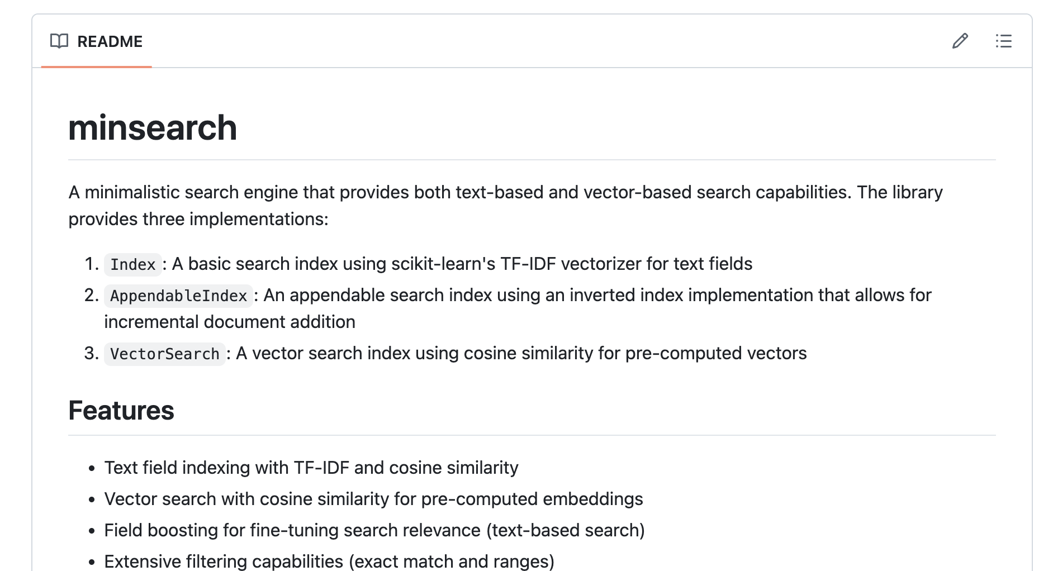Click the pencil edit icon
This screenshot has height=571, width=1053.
pyautogui.click(x=960, y=41)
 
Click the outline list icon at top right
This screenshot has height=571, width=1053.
pyautogui.click(x=1003, y=41)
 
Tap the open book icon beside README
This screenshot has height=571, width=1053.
pyautogui.click(x=59, y=41)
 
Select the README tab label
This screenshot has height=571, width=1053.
pyautogui.click(x=110, y=42)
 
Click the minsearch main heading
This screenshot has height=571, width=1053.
pyautogui.click(x=153, y=128)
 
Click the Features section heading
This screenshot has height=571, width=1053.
pyautogui.click(x=121, y=411)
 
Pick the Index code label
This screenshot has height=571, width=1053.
pyautogui.click(x=132, y=264)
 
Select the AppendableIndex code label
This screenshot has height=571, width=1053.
pyautogui.click(x=178, y=296)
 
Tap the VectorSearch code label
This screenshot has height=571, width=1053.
pyautogui.click(x=164, y=354)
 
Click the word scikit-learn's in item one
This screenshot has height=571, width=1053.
pyautogui.click(x=443, y=264)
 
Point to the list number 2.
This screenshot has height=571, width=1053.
pyautogui.click(x=91, y=295)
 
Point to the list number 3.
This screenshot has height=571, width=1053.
pyautogui.click(x=91, y=353)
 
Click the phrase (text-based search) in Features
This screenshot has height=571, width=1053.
pyautogui.click(x=565, y=530)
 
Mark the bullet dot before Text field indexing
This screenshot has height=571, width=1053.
pyautogui.click(x=92, y=468)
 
